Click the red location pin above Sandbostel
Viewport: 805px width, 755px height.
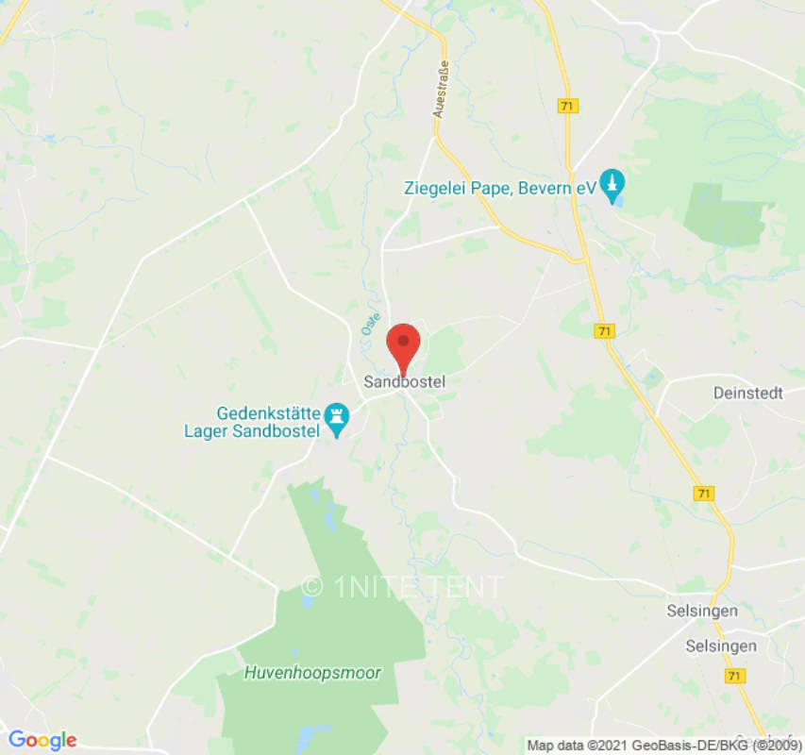(404, 344)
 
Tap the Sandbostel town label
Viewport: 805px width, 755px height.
(404, 382)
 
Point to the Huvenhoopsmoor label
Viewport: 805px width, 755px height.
(312, 673)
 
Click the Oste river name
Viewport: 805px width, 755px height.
(368, 324)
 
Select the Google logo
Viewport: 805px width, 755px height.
(42, 740)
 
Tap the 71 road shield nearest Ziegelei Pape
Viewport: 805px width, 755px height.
(567, 107)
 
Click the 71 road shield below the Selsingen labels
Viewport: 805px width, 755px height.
(734, 676)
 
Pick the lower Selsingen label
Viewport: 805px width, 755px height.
(721, 646)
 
